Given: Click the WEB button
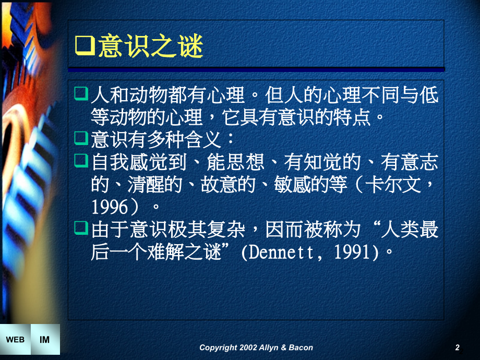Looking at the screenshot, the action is pyautogui.click(x=15, y=340).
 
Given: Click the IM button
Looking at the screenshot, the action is pyautogui.click(x=45, y=340).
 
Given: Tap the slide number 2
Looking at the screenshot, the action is pyautogui.click(x=457, y=347).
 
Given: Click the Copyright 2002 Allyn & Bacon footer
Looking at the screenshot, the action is pyautogui.click(x=256, y=347).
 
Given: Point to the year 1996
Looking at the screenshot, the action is pyautogui.click(x=110, y=207).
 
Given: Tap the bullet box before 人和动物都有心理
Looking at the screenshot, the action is pyautogui.click(x=81, y=94).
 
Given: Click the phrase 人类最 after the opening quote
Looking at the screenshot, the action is pyautogui.click(x=410, y=230).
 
